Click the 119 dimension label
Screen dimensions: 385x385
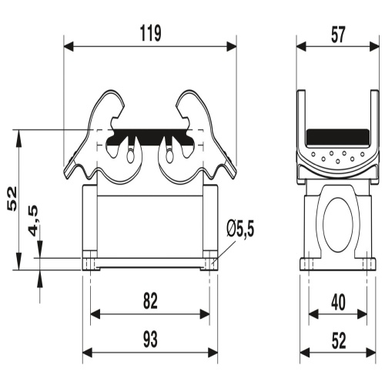pyautogui.click(x=151, y=33)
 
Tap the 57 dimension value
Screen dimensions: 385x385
pyautogui.click(x=338, y=35)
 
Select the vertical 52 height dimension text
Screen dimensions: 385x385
pyautogui.click(x=12, y=199)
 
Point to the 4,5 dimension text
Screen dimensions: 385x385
pyautogui.click(x=34, y=221)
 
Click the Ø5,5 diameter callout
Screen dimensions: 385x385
pyautogui.click(x=240, y=229)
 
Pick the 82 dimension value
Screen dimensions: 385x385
pyautogui.click(x=150, y=301)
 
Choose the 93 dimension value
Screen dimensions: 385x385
pyautogui.click(x=150, y=340)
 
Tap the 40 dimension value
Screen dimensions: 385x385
pyautogui.click(x=338, y=303)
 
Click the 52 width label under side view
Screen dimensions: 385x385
pyautogui.click(x=339, y=341)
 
